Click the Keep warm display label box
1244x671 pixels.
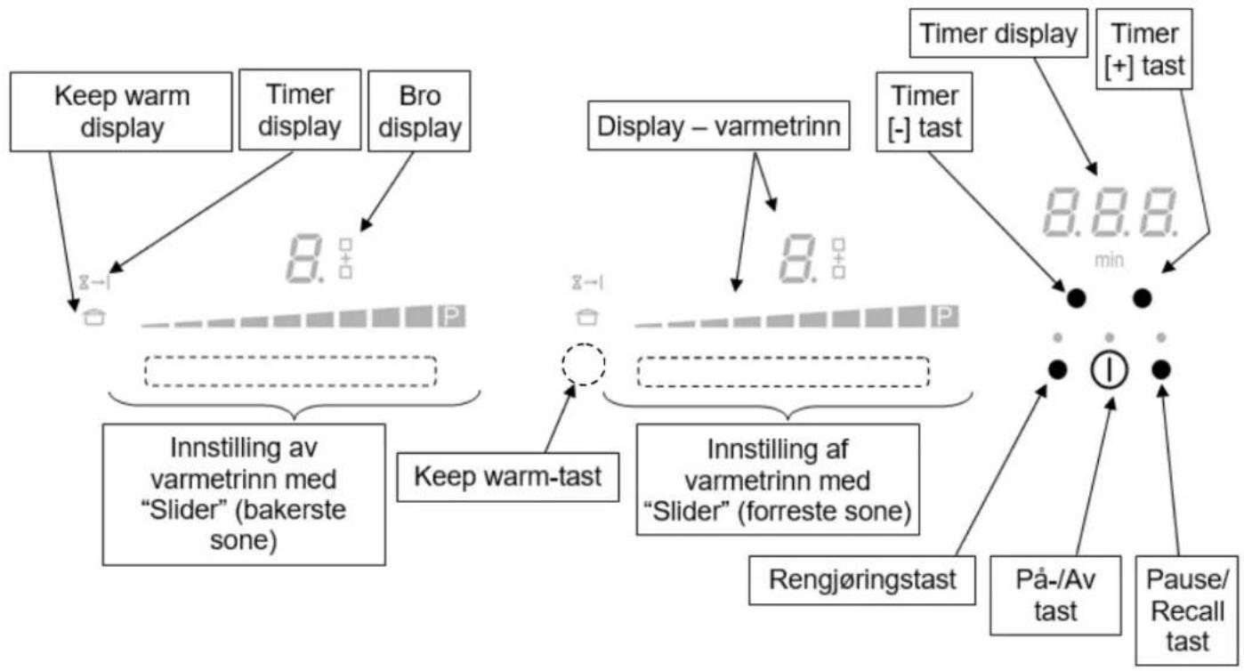121,111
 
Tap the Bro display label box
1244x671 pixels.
419,111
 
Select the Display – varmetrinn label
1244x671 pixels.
719,125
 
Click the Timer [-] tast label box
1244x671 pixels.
925,111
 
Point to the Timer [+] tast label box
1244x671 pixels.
1144,49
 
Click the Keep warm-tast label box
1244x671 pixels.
507,477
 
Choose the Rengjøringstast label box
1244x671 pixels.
862,580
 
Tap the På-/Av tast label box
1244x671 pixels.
1055,595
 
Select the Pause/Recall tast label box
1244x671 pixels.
1187,610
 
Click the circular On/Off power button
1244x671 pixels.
1109,369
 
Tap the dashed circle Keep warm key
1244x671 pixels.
583,364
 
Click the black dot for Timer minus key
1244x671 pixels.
1076,298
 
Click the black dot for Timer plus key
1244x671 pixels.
1143,298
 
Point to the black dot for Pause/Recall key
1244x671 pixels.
1160,369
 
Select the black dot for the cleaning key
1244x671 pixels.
1057,369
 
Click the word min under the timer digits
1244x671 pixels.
1109,260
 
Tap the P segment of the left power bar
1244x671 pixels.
451,316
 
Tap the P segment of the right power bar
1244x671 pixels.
945,316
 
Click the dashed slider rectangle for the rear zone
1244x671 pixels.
290,371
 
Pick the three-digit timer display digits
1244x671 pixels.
1111,212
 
